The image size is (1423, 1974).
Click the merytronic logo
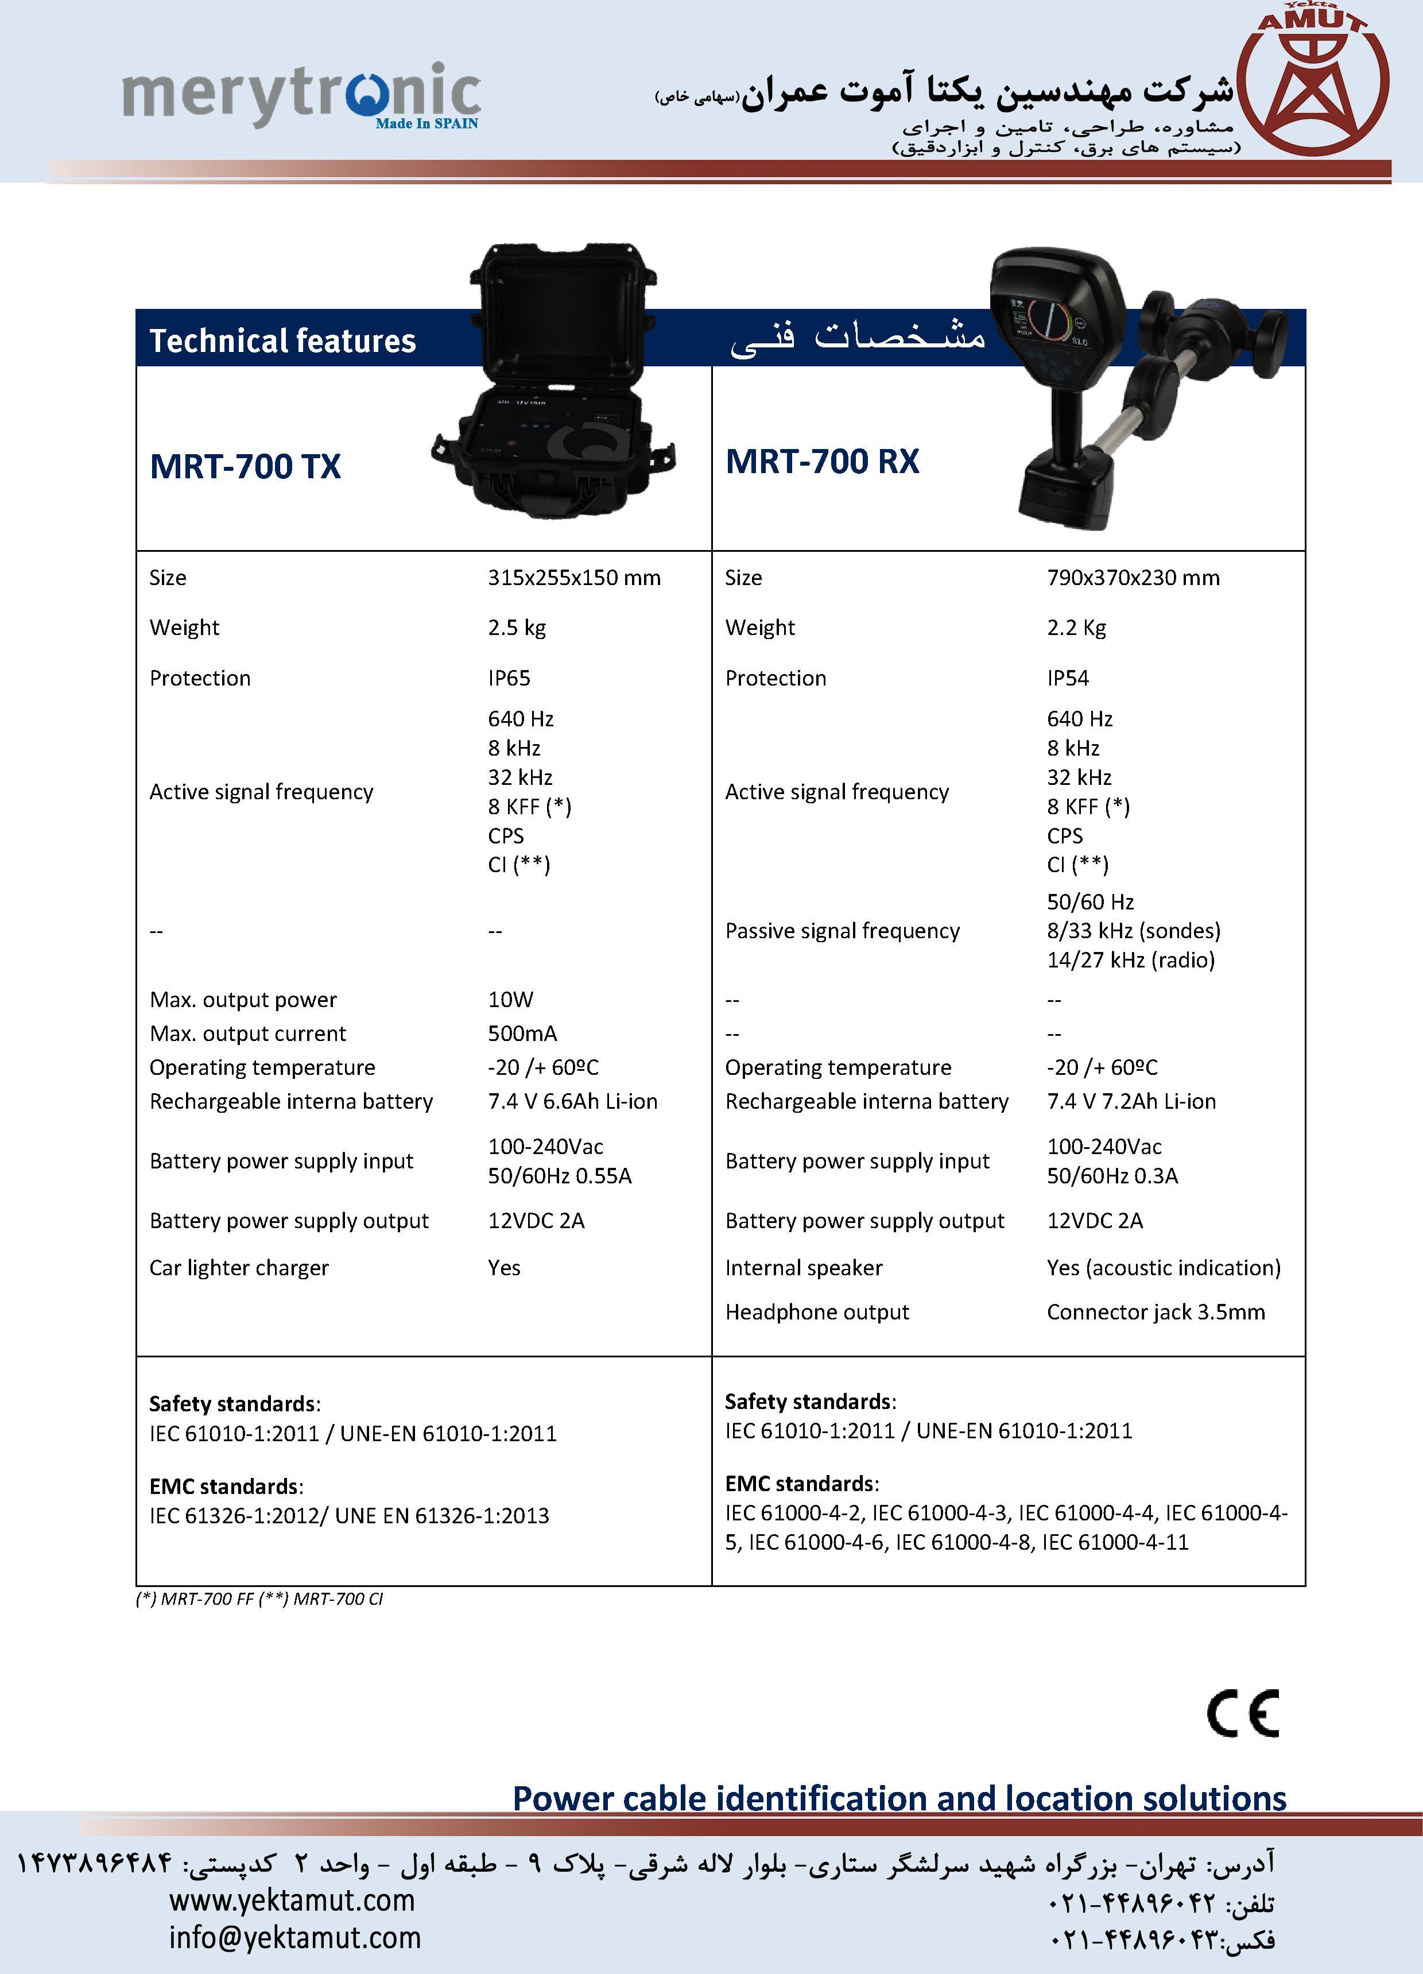click(x=300, y=94)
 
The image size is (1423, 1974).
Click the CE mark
click(x=1243, y=1713)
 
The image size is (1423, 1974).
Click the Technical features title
click(x=283, y=340)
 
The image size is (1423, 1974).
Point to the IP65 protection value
click(x=509, y=678)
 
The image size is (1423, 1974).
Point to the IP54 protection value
click(x=1068, y=678)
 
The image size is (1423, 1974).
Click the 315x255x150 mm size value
click(x=573, y=578)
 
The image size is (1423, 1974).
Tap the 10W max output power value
click(x=511, y=999)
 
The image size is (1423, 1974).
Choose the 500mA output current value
click(x=522, y=1033)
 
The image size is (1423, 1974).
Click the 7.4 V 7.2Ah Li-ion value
click(x=1131, y=1101)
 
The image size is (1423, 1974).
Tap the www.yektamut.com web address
click(x=292, y=1900)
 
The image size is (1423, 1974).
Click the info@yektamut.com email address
click(x=294, y=1937)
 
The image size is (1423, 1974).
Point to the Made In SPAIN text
click(x=426, y=123)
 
